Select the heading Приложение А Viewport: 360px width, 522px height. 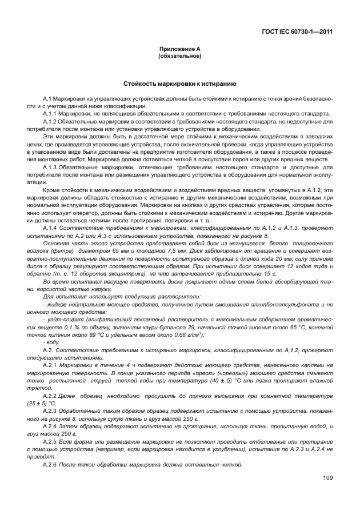click(x=179, y=50)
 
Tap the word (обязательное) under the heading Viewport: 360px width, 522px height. click(x=179, y=56)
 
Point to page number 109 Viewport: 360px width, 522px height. click(x=327, y=477)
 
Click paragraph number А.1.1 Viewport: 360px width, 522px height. click(x=50, y=114)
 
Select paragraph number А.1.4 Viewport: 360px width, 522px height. click(x=50, y=228)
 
